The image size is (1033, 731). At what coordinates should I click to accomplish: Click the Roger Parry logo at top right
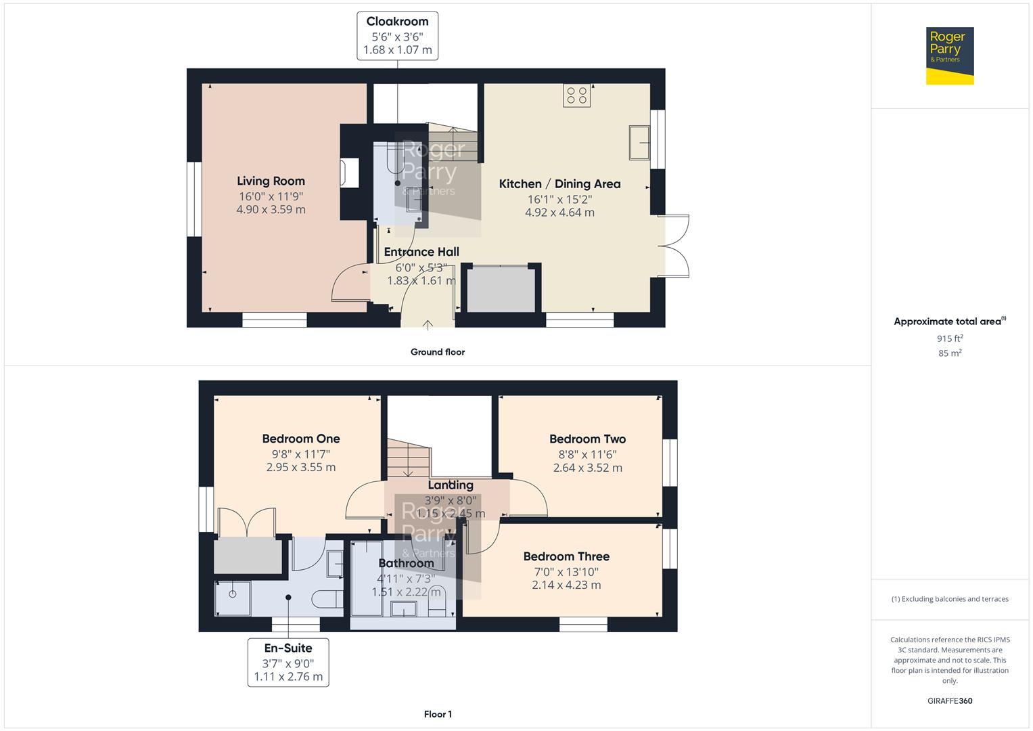coord(949,56)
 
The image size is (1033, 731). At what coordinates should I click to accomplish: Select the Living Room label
coord(271,181)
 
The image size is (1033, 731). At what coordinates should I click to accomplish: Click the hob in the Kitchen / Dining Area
coord(576,95)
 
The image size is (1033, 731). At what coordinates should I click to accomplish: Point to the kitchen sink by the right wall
coord(639,142)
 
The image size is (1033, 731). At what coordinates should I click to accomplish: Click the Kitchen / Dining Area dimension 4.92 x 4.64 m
coord(559,213)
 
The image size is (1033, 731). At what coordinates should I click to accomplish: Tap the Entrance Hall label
coord(421,252)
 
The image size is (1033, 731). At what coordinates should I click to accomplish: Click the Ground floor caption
coord(438,352)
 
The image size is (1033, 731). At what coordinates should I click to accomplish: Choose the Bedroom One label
coord(301,439)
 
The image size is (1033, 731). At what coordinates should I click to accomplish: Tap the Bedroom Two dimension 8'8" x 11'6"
coord(587,455)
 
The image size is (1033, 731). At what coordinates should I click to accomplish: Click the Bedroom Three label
coord(566,556)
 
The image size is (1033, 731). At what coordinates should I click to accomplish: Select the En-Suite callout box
coord(288,662)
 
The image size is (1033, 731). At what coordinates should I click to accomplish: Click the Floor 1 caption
coord(438,714)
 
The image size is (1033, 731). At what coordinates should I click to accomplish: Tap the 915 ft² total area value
coord(950,338)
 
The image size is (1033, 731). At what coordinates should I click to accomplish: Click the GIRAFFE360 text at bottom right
coord(950,701)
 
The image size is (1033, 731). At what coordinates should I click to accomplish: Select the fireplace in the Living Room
coord(350,173)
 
